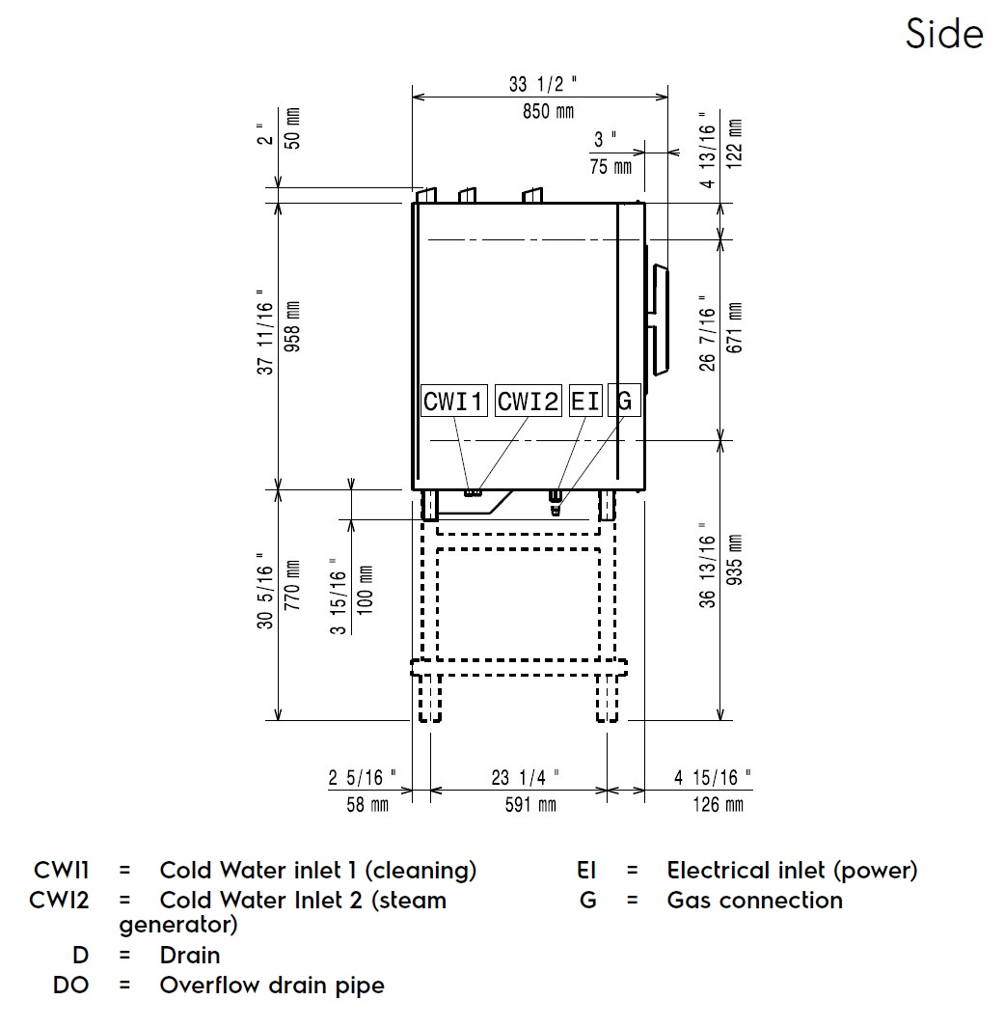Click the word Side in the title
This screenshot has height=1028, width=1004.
[944, 35]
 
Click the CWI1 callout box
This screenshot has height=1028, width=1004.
[454, 401]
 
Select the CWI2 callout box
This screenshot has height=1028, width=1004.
[528, 401]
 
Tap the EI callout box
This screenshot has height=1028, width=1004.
[584, 401]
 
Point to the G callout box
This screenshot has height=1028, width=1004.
[624, 401]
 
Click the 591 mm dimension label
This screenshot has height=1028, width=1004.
[531, 803]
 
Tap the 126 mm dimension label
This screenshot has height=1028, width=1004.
[719, 803]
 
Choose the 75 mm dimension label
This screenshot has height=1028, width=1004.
[611, 167]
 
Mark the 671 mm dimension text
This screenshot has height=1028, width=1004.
[735, 328]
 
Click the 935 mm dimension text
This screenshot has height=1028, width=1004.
[735, 573]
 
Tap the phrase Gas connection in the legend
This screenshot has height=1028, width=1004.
[754, 901]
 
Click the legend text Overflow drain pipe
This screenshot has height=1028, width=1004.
[271, 986]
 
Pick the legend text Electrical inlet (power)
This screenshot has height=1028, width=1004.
[792, 871]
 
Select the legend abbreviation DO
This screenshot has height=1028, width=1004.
[70, 986]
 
